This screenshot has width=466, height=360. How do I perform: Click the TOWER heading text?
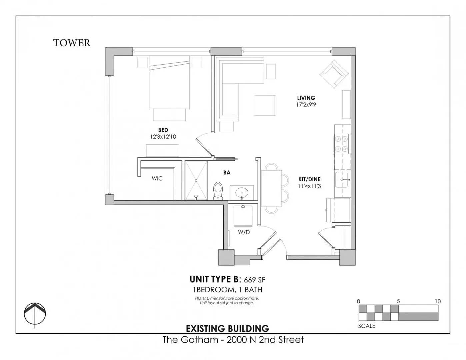pyautogui.click(x=72, y=43)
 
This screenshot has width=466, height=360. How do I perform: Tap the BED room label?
pyautogui.click(x=163, y=130)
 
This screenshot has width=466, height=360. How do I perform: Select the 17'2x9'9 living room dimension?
pyautogui.click(x=306, y=105)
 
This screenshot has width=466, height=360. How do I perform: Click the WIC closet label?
pyautogui.click(x=157, y=178)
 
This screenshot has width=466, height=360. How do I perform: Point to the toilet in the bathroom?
pyautogui.click(x=218, y=191)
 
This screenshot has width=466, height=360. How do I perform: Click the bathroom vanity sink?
pyautogui.click(x=242, y=193)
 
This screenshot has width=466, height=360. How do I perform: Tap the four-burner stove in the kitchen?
pyautogui.click(x=341, y=143)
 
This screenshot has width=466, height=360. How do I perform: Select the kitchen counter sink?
pyautogui.click(x=342, y=180)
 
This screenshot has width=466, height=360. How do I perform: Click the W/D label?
pyautogui.click(x=244, y=232)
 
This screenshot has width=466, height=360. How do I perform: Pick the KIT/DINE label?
pyautogui.click(x=309, y=179)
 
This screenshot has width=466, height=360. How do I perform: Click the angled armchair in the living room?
pyautogui.click(x=334, y=74)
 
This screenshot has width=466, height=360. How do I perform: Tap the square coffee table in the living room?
pyautogui.click(x=265, y=105)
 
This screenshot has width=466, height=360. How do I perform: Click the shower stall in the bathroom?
pyautogui.click(x=196, y=181)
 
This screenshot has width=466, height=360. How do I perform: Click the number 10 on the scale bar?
pyautogui.click(x=438, y=301)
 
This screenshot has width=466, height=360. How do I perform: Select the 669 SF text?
pyautogui.click(x=255, y=280)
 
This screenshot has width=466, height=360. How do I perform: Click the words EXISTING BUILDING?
pyautogui.click(x=227, y=328)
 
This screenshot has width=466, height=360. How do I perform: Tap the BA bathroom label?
pyautogui.click(x=227, y=173)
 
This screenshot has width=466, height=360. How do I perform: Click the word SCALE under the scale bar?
pyautogui.click(x=367, y=326)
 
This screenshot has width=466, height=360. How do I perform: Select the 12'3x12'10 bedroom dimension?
pyautogui.click(x=163, y=137)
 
